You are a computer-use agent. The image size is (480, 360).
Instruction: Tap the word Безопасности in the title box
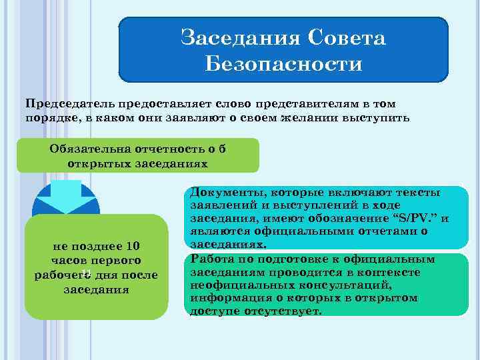(283, 64)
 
